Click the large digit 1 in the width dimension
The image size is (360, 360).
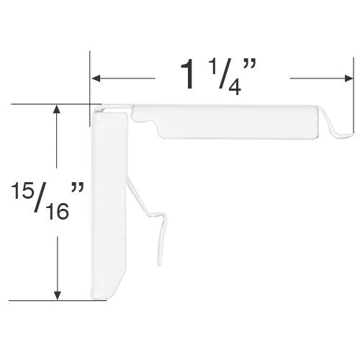(188, 74)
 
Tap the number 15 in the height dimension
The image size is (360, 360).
(22, 190)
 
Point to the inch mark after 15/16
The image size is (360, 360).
(78, 188)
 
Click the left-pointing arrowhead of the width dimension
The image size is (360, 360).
(96, 78)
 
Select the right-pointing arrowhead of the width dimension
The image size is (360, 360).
(348, 78)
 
